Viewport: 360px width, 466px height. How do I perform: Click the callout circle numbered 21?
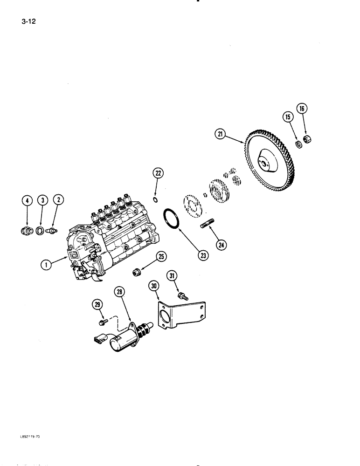pos(220,134)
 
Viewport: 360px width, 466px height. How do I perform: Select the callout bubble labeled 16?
pos(302,110)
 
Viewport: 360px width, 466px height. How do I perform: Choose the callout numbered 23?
pos(203,255)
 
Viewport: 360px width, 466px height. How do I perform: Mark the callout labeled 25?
pos(161,257)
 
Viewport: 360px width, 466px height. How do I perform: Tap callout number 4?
pos(27,201)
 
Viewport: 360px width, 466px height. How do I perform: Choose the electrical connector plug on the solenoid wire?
pos(102,335)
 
